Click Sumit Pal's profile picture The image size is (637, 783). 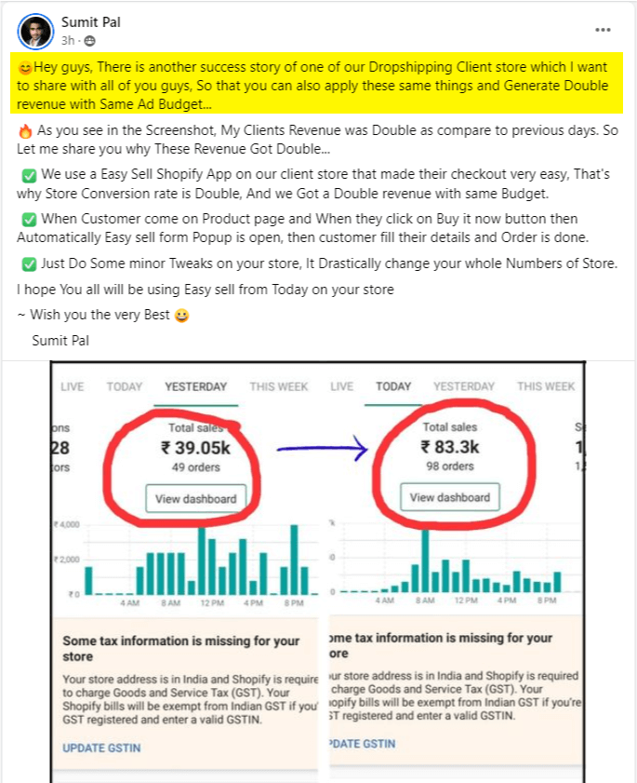33,30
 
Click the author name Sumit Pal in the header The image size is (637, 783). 90,21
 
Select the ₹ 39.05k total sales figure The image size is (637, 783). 195,448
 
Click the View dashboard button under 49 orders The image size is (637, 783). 195,498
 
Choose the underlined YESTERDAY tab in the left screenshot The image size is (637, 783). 195,386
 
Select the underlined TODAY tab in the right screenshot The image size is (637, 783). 394,386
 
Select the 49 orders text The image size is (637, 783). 195,467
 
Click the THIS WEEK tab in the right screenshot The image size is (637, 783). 546,386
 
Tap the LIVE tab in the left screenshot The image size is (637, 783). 73,386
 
